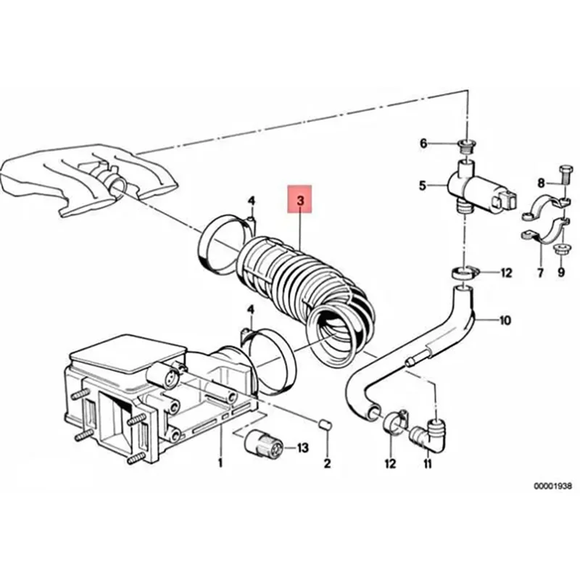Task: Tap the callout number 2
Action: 327,463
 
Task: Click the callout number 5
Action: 423,185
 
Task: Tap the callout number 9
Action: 560,273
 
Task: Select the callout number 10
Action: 505,320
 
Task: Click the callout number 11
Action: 426,463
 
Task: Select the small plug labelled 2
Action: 326,423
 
